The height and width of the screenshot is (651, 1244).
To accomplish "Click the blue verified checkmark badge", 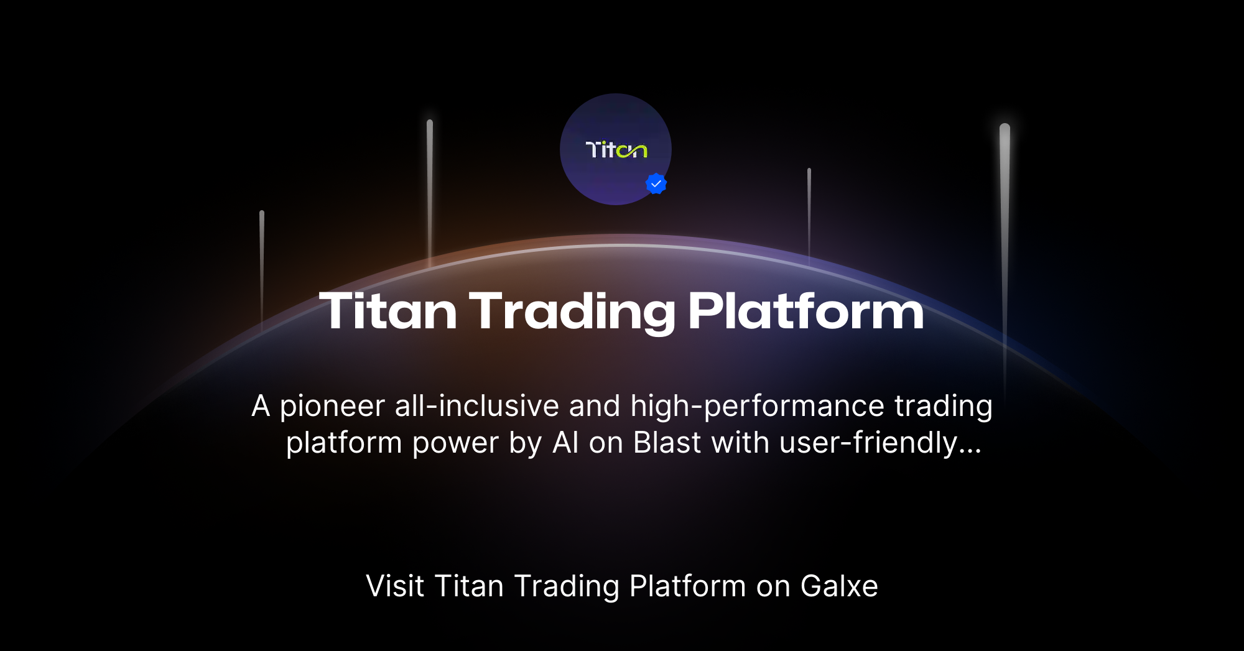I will click(x=656, y=184).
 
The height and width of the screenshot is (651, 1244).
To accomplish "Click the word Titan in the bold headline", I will click(x=388, y=311).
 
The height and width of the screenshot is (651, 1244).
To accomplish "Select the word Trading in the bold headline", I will click(x=572, y=311).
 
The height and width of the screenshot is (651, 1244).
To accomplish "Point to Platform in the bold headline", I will click(x=805, y=311).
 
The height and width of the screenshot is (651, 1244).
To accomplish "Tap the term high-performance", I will click(x=757, y=407).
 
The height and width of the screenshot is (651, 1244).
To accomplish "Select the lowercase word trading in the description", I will click(x=943, y=407).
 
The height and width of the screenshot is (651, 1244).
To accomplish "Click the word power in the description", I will click(x=455, y=443).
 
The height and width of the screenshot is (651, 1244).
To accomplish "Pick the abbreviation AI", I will click(x=565, y=443).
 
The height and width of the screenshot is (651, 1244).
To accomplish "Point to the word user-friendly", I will click(x=868, y=443).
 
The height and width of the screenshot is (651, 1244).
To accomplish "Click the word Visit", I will click(x=395, y=586).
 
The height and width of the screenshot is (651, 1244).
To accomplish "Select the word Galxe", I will click(x=839, y=586).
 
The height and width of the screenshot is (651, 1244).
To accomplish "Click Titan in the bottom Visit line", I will click(x=468, y=586).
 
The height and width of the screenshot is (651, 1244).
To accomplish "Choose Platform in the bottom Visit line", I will click(x=687, y=586).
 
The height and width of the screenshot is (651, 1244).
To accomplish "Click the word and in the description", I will click(x=594, y=407).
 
